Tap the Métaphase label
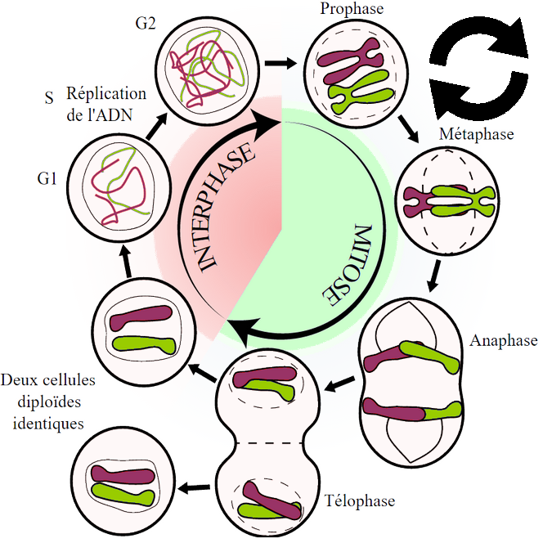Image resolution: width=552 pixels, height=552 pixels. (477, 133)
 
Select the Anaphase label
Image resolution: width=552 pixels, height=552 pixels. (504, 340)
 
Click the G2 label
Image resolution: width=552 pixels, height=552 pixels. (146, 23)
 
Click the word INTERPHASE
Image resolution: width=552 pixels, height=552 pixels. (225, 209)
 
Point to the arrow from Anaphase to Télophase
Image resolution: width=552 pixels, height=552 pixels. (343, 382)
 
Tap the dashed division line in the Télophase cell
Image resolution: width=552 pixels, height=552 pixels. (266, 444)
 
